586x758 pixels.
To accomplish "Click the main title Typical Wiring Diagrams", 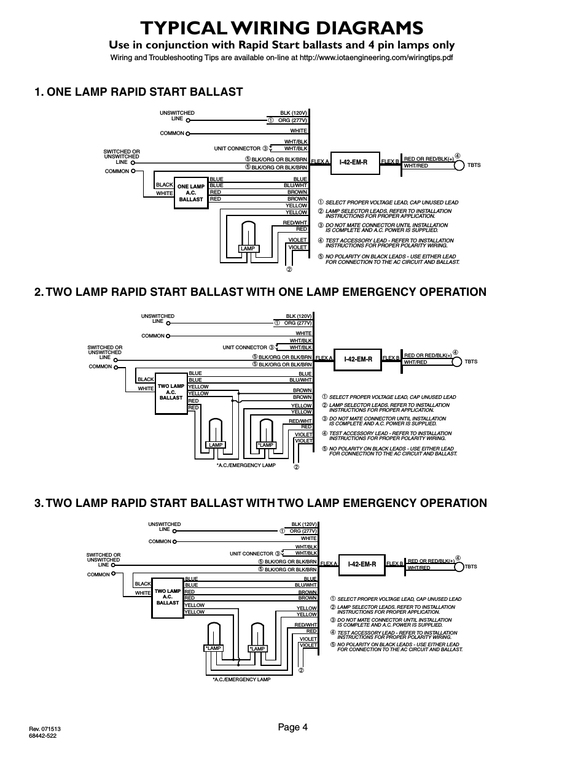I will click(281, 28).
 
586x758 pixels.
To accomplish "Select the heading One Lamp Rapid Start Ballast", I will click(139, 92).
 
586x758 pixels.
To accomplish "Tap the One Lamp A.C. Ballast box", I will click(191, 193).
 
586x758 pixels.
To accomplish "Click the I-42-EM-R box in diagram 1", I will click(353, 162).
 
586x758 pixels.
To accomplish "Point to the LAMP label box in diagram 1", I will click(248, 249).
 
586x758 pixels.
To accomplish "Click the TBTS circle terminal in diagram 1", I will click(458, 164).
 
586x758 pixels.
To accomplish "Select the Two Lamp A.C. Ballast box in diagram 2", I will click(171, 393).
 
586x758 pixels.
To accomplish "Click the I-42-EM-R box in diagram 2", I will click(358, 359).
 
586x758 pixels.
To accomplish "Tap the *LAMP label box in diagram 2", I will click(266, 445).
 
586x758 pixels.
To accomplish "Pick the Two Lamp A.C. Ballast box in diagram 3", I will click(167, 597).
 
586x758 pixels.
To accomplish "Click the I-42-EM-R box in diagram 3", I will click(362, 564).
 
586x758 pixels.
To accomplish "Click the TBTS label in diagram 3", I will click(471, 567).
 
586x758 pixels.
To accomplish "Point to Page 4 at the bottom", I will click(292, 727).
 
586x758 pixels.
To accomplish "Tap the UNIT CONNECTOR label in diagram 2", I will click(245, 347).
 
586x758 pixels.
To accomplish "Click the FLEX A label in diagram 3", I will click(329, 563).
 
